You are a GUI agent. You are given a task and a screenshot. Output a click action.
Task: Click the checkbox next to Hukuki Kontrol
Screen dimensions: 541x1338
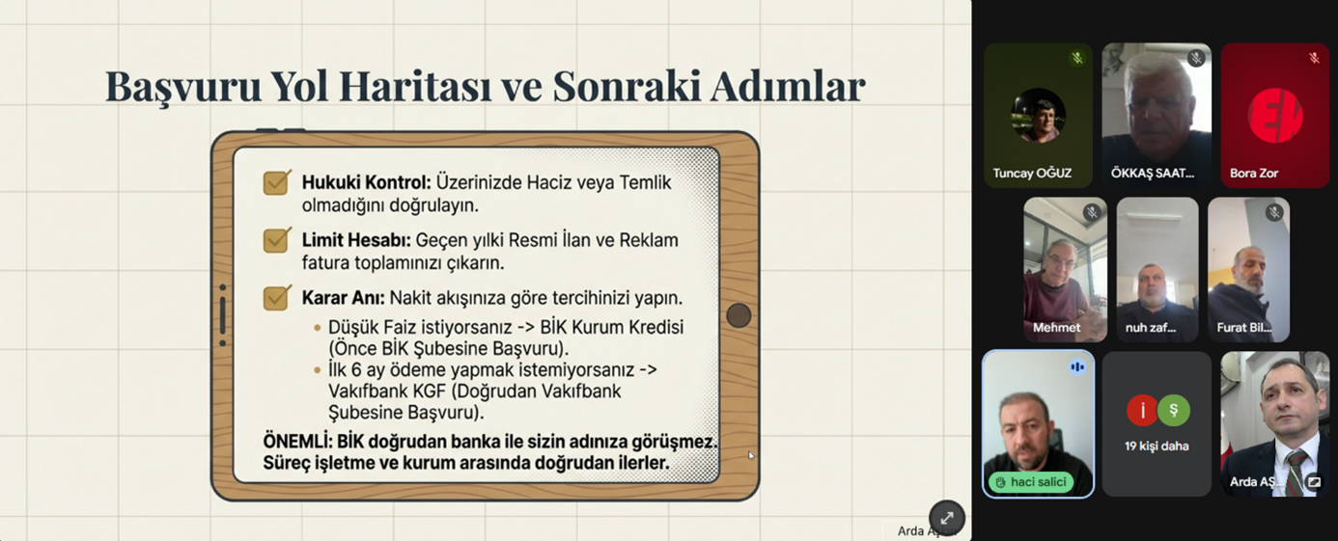point(277,182)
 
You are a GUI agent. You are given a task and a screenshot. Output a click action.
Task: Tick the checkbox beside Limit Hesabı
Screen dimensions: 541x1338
point(277,240)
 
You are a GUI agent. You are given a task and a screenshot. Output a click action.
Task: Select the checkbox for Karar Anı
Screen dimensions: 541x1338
point(277,297)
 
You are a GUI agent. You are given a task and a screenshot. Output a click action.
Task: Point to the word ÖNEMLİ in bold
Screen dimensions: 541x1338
point(296,442)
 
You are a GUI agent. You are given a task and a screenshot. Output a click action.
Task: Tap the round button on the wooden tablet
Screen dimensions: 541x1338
point(739,315)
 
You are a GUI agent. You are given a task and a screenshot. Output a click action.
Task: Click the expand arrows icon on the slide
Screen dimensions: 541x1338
point(946,518)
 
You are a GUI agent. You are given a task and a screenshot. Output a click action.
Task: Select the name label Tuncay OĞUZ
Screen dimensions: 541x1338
point(1032,174)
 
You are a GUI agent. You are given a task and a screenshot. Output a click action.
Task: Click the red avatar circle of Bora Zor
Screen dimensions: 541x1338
point(1274,116)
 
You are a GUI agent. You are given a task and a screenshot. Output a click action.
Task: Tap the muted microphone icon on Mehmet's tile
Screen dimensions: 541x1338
point(1092,213)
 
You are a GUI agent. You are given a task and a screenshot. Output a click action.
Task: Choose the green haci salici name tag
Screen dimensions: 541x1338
point(1031,482)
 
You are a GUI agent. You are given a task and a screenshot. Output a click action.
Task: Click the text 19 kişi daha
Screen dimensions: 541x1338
point(1157,446)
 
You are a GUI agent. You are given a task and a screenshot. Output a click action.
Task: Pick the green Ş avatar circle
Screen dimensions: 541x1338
point(1174,411)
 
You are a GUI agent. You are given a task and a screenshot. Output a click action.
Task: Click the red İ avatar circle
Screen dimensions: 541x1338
point(1142,411)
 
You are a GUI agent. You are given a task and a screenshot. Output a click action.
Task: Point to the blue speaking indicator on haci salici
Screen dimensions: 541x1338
point(1077,366)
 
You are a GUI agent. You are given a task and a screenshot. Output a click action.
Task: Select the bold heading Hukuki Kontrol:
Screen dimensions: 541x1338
point(366,182)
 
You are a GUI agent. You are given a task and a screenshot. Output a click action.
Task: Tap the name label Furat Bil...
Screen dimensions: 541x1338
point(1244,328)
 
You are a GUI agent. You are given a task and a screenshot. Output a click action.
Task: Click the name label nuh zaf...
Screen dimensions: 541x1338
point(1151,328)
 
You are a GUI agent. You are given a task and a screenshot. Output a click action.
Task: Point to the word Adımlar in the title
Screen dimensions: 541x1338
point(788,86)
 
